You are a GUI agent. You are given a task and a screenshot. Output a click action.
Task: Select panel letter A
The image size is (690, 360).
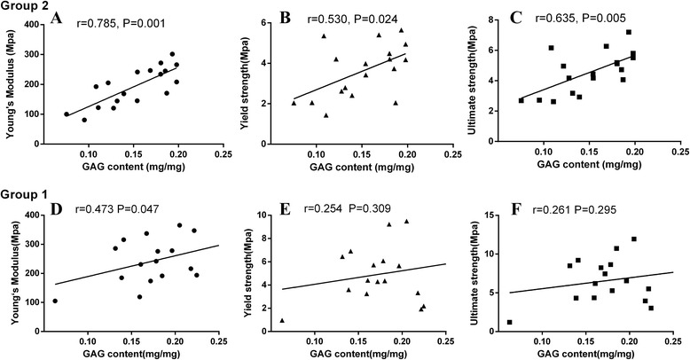(81, 19)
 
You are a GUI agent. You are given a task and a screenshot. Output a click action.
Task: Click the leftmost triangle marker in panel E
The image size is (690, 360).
(282, 320)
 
